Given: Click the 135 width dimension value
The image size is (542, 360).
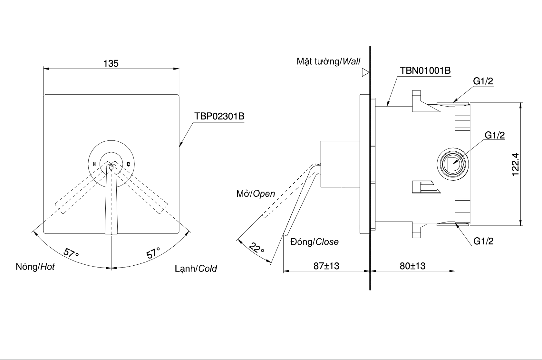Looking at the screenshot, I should click(111, 63).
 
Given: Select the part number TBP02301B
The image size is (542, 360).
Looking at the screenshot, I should click(219, 116).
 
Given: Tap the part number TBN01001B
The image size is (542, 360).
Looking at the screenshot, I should click(425, 71).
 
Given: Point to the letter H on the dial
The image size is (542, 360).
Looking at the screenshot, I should click(94, 164).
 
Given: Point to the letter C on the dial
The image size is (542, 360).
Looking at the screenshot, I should click(128, 164).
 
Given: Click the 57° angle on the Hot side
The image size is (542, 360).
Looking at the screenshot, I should click(71, 253).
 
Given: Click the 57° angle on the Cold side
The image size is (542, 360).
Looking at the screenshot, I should click(153, 253).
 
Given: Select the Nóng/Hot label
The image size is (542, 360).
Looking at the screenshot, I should click(35, 267).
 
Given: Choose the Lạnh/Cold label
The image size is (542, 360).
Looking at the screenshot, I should click(196, 268).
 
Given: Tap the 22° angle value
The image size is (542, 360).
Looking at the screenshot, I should click(257, 248).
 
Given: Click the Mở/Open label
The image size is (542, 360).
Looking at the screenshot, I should click(256, 194).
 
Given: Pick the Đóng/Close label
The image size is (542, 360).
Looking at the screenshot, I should click(314, 242).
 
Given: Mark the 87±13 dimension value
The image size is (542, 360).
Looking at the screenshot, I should click(326, 266).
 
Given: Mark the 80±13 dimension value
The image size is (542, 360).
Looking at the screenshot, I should click(412, 266).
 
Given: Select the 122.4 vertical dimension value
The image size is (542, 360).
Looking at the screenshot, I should click(515, 164).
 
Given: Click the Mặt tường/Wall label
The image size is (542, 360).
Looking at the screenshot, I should click(328, 62).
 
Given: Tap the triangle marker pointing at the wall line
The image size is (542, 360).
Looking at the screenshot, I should click(365, 73).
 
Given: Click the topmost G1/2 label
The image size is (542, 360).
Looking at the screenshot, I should click(483, 81).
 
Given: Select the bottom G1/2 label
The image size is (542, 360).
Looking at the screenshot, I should click(483, 241).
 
